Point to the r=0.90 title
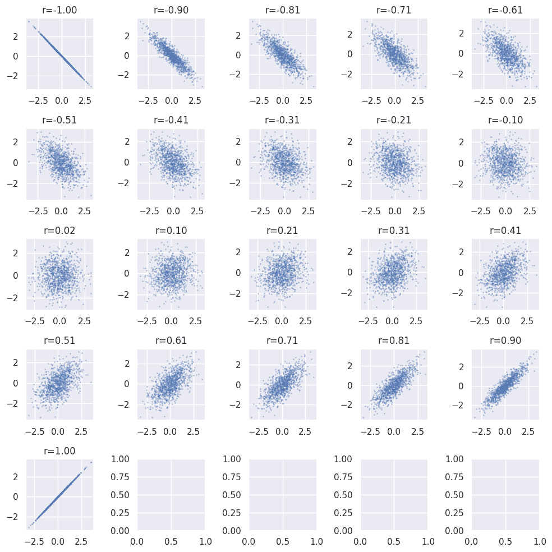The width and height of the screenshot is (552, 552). coord(505,341)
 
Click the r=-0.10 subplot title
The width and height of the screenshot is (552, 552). coord(505,121)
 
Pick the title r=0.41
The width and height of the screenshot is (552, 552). coord(505,231)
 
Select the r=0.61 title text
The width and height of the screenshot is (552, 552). coord(171,341)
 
